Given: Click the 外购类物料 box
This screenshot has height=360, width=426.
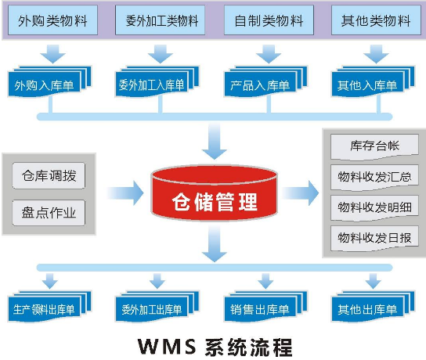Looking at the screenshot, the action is (52, 20).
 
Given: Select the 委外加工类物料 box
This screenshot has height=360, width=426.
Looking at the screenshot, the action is (160, 20).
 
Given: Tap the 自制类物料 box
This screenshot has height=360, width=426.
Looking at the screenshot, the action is (269, 20).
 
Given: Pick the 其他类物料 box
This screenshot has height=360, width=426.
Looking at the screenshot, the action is (376, 20).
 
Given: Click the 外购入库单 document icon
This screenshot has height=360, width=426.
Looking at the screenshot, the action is (49, 81).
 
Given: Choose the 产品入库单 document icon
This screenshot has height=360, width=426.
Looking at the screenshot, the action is (265, 81).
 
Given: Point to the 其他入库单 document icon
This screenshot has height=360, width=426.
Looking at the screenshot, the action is (373, 81).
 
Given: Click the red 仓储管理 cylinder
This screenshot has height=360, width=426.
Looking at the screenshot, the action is (215, 193).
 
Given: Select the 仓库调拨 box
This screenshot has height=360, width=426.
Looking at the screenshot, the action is (49, 175).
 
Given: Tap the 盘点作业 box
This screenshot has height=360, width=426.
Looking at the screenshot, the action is (49, 213).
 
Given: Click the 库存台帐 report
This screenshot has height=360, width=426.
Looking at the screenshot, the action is (374, 146).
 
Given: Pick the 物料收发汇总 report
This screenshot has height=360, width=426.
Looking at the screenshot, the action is (374, 178).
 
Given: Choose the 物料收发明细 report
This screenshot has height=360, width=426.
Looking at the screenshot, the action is (374, 208).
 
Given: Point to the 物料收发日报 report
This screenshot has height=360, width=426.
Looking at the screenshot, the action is (374, 239).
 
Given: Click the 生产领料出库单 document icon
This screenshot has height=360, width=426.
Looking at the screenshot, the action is (49, 307).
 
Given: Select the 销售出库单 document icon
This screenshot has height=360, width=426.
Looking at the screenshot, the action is (265, 307).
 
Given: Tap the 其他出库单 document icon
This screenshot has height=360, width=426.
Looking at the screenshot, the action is (373, 307).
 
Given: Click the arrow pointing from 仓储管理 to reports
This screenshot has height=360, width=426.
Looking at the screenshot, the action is (300, 193).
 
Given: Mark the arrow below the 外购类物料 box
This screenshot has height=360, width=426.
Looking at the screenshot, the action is (53, 54).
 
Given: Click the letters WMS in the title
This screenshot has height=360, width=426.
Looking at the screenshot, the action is (167, 346).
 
